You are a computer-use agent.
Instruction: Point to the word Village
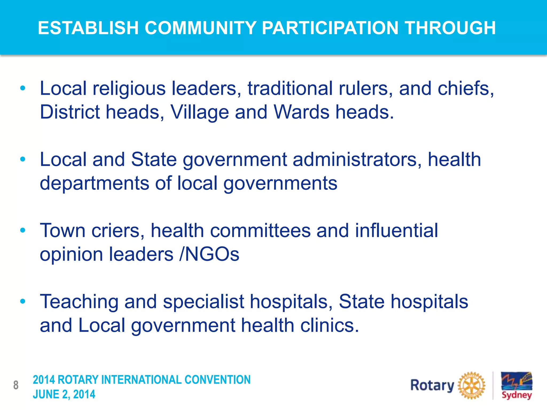(x=200, y=112)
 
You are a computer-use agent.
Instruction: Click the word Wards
(x=302, y=112)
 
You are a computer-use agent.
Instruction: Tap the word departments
(x=94, y=184)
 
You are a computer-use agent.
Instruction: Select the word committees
(x=260, y=231)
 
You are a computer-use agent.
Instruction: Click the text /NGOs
(x=209, y=254)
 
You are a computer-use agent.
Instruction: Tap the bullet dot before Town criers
(x=23, y=230)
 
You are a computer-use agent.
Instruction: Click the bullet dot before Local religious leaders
(x=23, y=88)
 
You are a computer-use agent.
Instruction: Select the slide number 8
(x=16, y=385)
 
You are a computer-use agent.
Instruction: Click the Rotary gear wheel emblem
(x=471, y=385)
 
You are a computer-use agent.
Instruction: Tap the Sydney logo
(x=516, y=385)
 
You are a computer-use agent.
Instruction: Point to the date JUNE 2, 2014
(x=64, y=395)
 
